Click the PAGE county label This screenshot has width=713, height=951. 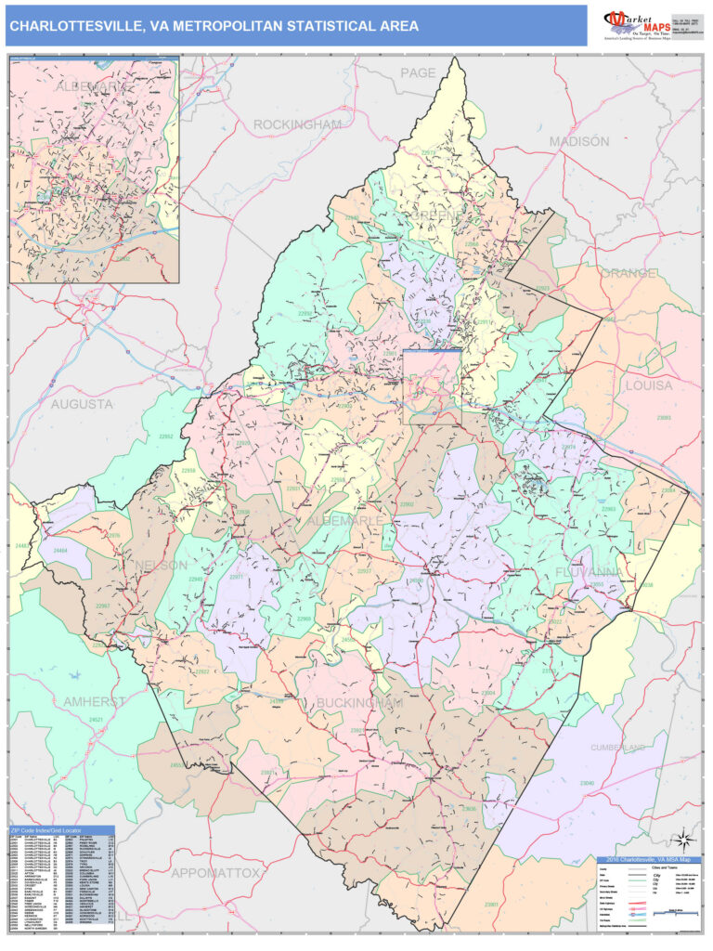click(x=417, y=72)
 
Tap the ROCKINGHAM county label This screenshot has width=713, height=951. click(x=297, y=124)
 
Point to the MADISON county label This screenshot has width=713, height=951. click(x=578, y=141)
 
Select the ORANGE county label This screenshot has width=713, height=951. click(x=628, y=274)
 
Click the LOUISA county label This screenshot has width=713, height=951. click(x=649, y=384)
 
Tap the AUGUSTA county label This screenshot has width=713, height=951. click(x=82, y=404)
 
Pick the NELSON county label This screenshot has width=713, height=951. click(x=162, y=565)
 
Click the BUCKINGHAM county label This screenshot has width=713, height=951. click(x=359, y=703)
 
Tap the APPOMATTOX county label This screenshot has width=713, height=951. click(x=214, y=873)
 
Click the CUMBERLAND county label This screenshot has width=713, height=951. click(x=617, y=747)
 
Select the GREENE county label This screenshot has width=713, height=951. click(x=434, y=215)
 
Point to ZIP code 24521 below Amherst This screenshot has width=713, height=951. click(x=95, y=720)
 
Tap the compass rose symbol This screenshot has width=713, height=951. click(x=682, y=840)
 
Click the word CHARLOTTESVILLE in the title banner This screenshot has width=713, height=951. click(x=74, y=27)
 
